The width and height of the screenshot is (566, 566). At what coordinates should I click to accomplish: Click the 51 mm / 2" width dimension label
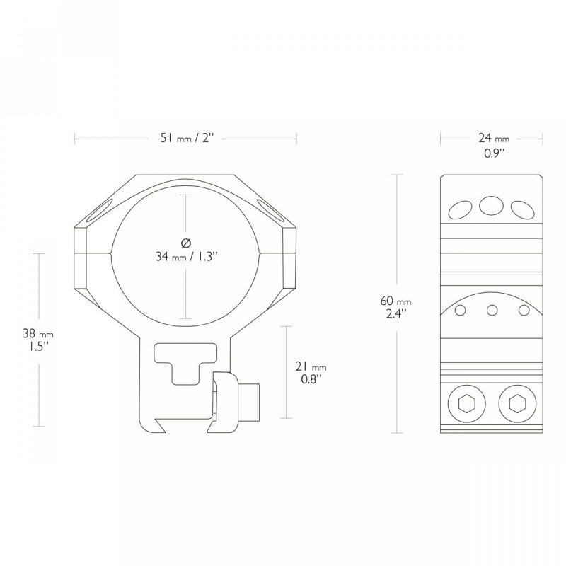click(x=187, y=138)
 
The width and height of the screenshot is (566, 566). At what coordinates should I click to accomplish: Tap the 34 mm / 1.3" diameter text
click(x=187, y=257)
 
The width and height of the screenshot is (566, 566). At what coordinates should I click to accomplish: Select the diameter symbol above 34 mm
click(x=185, y=243)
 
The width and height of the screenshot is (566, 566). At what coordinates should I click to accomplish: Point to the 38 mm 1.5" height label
click(x=38, y=340)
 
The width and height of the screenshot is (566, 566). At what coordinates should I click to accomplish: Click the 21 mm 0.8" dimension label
click(x=311, y=373)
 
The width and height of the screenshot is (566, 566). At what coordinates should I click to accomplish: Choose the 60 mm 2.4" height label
click(x=395, y=307)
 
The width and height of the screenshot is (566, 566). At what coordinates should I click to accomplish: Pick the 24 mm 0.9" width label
click(x=494, y=145)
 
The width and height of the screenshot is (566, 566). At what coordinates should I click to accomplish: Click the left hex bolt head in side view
click(x=466, y=404)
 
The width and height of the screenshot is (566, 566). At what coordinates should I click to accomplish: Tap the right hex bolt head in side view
click(x=517, y=404)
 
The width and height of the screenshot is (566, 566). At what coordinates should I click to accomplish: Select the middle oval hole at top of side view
click(x=491, y=206)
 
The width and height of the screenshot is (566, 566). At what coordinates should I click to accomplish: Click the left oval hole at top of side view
click(x=461, y=209)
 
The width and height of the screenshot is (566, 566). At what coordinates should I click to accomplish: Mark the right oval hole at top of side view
click(x=522, y=209)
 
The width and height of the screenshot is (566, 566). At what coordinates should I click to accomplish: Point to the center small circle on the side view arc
click(x=492, y=310)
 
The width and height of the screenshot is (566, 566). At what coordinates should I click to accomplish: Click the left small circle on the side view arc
click(x=461, y=310)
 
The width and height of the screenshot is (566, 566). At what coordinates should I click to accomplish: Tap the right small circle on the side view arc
click(x=524, y=310)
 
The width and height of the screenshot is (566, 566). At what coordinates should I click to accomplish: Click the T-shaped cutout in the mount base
click(x=185, y=363)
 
